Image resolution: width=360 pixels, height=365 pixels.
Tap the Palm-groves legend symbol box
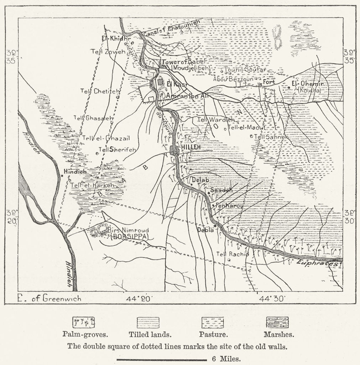click(x=84, y=322)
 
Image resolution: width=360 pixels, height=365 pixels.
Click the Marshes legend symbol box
click(x=278, y=322)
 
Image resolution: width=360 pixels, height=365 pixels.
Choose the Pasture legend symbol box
click(x=213, y=323)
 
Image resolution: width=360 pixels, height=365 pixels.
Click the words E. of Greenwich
click(x=49, y=299)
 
